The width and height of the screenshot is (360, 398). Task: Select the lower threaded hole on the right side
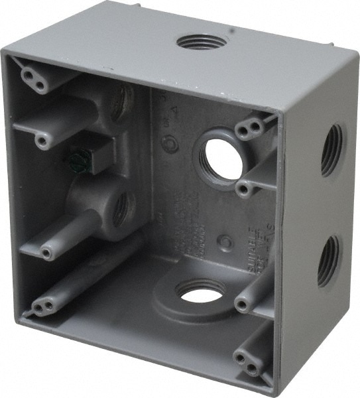point(329,261)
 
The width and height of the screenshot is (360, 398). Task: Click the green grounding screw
point(79,160)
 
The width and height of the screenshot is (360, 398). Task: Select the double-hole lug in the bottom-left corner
point(44,306)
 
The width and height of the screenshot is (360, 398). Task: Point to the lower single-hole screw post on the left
point(47,251)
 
